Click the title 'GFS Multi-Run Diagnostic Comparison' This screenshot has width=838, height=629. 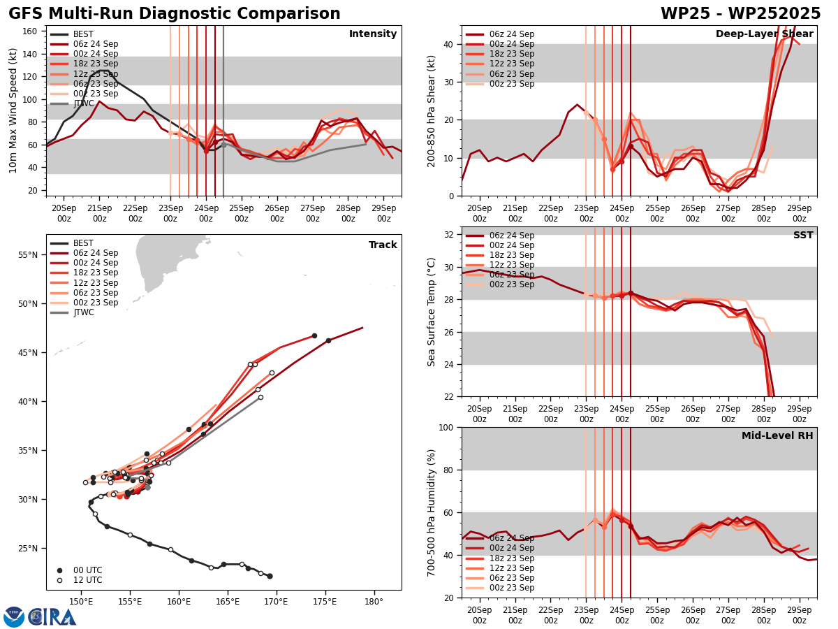(175, 14)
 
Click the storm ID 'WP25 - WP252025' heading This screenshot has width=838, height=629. (740, 14)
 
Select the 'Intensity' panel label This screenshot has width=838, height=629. (373, 34)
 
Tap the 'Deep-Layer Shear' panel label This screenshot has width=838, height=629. (764, 34)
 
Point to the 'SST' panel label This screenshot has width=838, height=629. (803, 236)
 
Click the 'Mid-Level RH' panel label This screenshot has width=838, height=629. (777, 436)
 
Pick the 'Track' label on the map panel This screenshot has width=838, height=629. (383, 245)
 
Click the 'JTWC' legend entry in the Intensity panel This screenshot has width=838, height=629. (83, 103)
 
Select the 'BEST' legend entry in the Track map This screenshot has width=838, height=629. (83, 243)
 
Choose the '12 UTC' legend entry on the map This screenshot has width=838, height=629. (88, 580)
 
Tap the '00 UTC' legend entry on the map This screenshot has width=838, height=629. (88, 570)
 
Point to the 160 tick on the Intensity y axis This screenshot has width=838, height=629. (32, 31)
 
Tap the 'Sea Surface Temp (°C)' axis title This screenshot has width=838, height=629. (432, 312)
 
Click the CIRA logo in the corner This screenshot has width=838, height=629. (40, 616)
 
